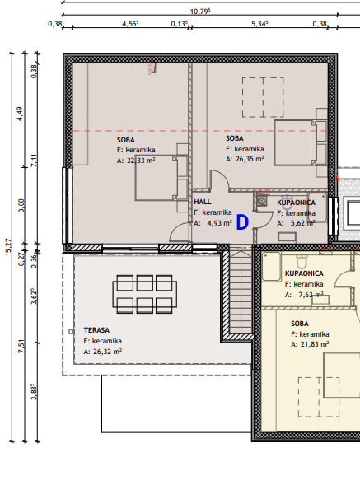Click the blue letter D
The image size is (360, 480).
[242, 222]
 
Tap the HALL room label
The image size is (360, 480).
[203, 202]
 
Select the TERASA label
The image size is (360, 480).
[96, 330]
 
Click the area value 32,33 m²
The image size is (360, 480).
[141, 160]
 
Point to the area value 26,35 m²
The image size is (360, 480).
[250, 159]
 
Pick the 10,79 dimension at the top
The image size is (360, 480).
[200, 12]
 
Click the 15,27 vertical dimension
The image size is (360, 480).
[8, 247]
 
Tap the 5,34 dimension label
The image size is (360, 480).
[259, 24]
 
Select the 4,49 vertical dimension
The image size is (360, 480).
[20, 114]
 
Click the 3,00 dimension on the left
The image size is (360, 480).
[21, 205]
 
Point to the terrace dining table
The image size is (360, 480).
[145, 294]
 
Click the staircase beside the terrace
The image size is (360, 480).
[241, 290]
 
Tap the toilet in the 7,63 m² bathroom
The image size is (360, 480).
[302, 261]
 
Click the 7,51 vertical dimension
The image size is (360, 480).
[21, 347]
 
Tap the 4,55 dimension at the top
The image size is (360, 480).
[130, 24]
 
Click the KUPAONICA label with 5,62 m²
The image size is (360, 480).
[296, 203]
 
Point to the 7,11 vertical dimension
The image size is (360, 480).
[34, 161]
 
